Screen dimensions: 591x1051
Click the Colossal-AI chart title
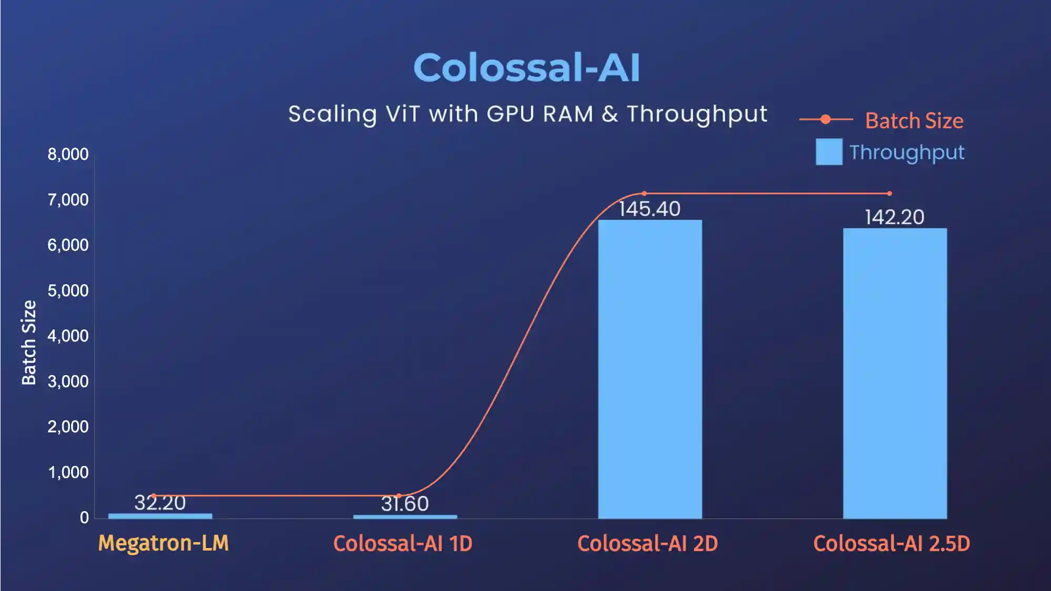pos(526,68)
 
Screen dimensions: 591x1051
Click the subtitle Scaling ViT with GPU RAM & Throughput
pos(527,114)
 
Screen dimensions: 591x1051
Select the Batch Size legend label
pos(914,121)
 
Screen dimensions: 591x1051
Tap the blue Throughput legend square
pos(829,152)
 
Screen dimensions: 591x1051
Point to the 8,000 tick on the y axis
pos(68,154)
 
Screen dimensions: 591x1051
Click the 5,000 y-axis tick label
pos(68,291)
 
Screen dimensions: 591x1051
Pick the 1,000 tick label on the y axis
pos(68,472)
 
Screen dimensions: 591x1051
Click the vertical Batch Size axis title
pos(29,343)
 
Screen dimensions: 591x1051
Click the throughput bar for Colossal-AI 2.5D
pos(895,373)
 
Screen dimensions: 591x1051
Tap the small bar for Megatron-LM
pos(160,516)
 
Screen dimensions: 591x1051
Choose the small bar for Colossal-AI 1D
pos(405,516)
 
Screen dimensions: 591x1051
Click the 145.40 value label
pos(649,209)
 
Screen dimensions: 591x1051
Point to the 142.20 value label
pos(894,217)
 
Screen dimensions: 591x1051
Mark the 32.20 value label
pos(160,503)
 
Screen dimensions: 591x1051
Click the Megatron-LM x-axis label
pos(164,543)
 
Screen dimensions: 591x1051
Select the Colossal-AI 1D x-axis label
pos(403,544)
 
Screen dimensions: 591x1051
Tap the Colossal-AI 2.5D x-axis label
pos(892,544)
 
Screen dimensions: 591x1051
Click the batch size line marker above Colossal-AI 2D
pos(644,193)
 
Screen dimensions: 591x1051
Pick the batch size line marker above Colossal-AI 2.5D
pos(889,193)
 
